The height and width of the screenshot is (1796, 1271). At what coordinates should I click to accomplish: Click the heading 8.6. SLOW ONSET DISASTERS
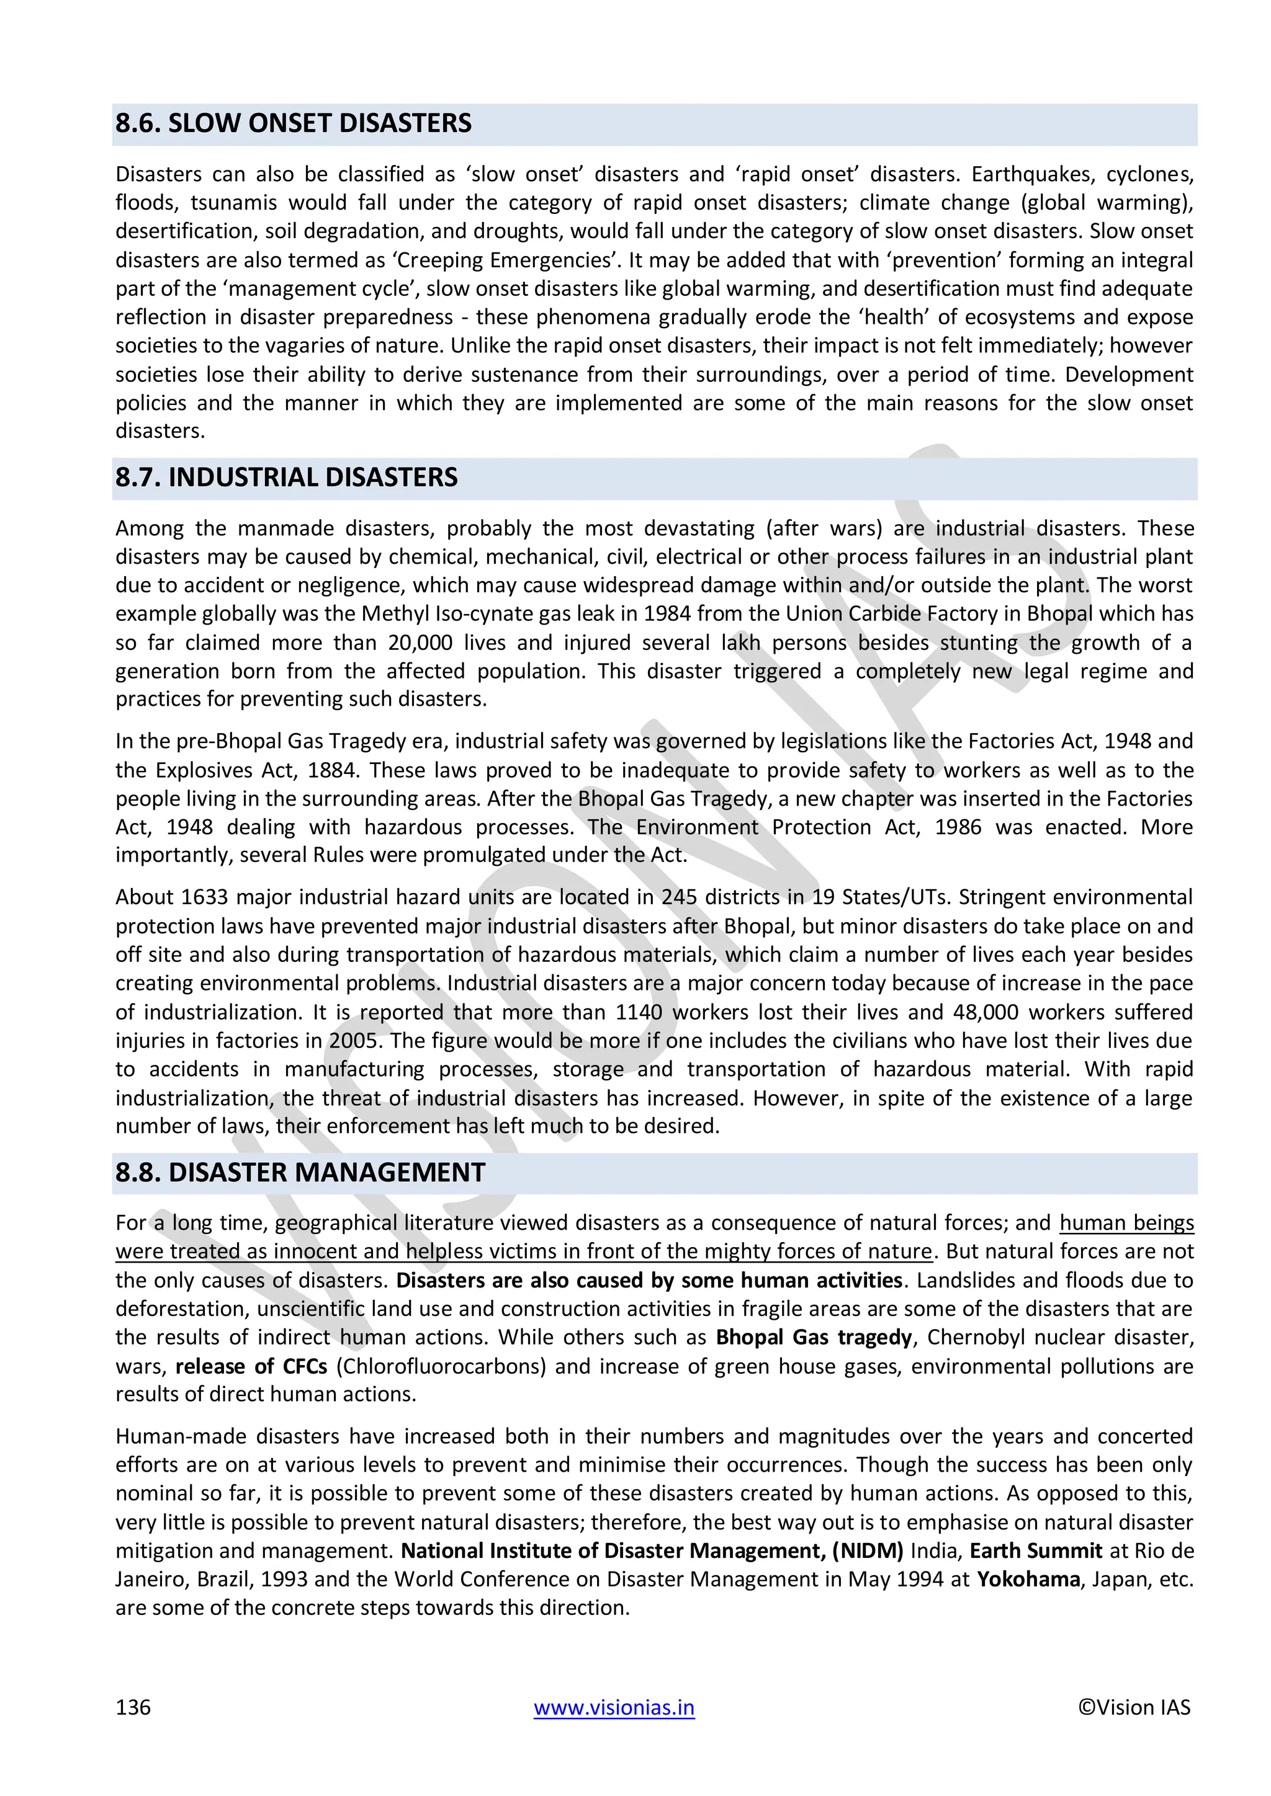coord(294,123)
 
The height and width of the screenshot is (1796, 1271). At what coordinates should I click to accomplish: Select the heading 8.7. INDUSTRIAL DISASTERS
coord(287,478)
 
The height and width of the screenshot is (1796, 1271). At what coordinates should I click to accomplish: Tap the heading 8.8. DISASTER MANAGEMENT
coord(300,1173)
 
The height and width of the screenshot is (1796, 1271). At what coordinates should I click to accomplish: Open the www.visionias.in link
coord(614,1707)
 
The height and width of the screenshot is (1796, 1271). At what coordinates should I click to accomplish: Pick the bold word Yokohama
coord(1028,1580)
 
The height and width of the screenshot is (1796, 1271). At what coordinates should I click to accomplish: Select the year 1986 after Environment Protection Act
coord(958,827)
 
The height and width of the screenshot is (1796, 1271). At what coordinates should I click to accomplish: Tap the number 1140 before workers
coord(638,1012)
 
